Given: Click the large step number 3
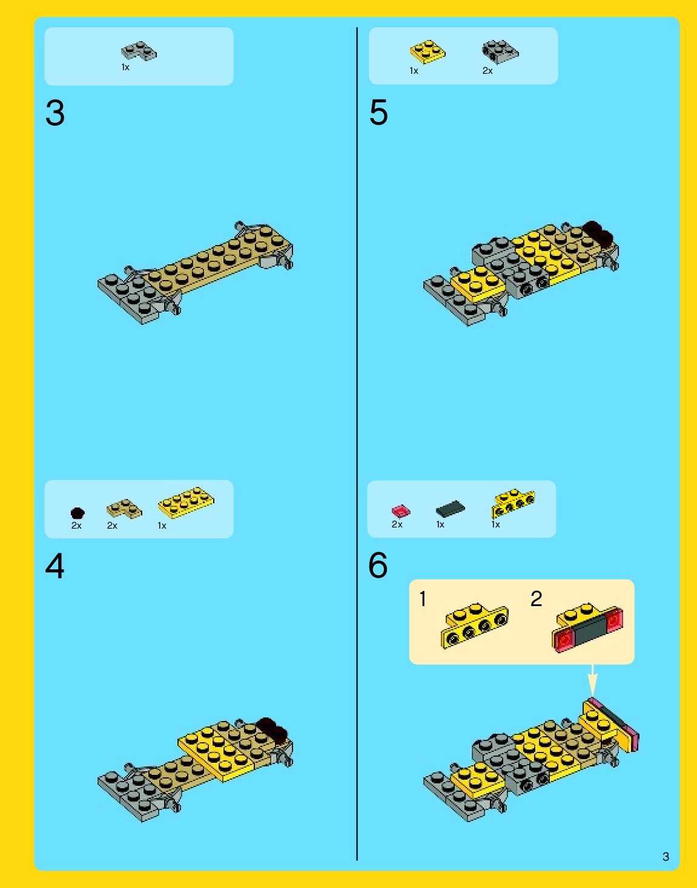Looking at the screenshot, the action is (55, 113).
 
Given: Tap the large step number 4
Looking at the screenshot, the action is (55, 566).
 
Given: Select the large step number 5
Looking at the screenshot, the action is (378, 113).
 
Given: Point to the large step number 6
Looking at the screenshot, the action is (378, 566).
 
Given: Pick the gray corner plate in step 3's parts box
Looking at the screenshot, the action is (139, 51).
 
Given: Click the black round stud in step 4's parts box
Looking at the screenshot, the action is (78, 513).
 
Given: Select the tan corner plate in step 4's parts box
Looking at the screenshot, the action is (124, 508).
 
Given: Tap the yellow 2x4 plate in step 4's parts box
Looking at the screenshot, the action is (186, 503).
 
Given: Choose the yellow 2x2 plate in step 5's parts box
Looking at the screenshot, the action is (428, 51).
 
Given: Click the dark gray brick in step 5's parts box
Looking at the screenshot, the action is (500, 52).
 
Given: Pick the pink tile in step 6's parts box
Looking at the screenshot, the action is (401, 511).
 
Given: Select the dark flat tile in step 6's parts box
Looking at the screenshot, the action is (451, 509).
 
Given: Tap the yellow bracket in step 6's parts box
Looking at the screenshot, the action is (513, 503).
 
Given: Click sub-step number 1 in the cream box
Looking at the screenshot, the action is (423, 599).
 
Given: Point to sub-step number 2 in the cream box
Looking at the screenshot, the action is (537, 599).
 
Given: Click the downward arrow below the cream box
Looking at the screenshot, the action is (592, 679).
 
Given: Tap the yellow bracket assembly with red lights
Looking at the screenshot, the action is (587, 627).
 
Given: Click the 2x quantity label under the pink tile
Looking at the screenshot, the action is (397, 524).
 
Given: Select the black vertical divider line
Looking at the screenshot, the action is (357, 444).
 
